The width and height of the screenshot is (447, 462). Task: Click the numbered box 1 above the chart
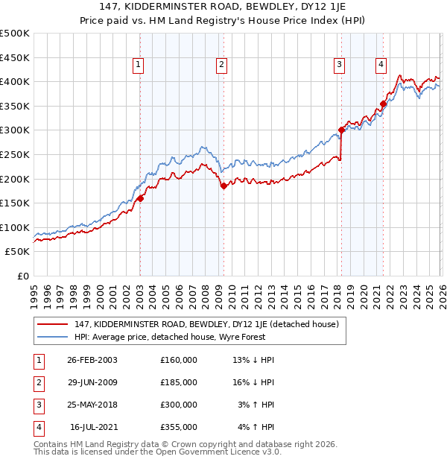tap(139, 66)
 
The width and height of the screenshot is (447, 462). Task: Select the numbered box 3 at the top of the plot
tap(339, 66)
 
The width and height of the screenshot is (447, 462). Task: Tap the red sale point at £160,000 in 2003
tap(140, 198)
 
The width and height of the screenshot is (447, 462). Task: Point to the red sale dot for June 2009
tap(223, 186)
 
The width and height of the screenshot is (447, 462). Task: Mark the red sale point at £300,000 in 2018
tap(341, 130)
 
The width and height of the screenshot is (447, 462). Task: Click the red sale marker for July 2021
tap(383, 104)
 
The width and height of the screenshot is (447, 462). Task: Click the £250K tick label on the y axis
tap(16, 154)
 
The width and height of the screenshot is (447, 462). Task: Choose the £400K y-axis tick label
tap(16, 81)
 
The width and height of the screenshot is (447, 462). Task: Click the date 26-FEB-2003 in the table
tap(92, 360)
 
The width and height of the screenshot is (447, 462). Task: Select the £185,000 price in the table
tap(178, 382)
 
